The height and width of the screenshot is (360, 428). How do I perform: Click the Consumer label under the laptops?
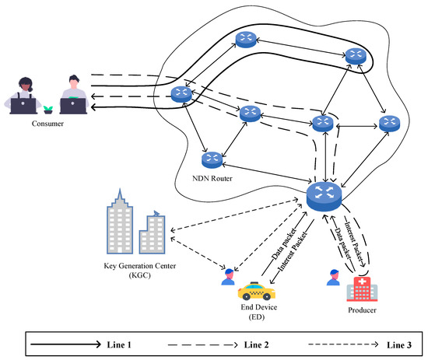tap(47, 123)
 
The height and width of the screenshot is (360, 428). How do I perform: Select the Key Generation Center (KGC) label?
tap(140, 270)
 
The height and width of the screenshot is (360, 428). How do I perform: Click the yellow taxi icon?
tap(256, 292)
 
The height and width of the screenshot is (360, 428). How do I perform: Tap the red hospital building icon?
tap(362, 289)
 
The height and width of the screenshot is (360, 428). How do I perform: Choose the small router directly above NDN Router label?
tap(210, 159)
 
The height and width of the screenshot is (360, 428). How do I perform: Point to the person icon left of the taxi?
tap(227, 277)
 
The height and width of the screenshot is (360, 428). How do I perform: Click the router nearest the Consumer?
tap(181, 94)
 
